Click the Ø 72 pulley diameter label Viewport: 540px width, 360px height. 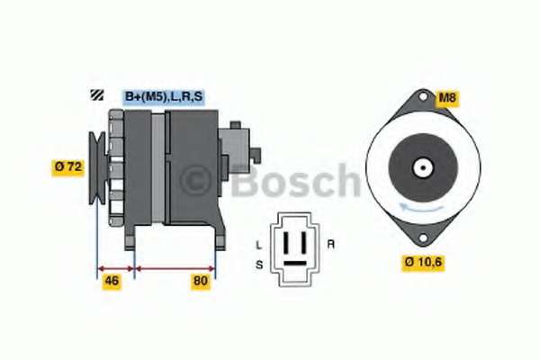point(68,167)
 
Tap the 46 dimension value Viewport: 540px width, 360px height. point(112,281)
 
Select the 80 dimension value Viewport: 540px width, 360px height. point(201,281)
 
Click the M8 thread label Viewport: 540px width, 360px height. point(447,97)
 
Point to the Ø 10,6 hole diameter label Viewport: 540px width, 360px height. point(423,262)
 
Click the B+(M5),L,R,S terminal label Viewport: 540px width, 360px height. point(164,97)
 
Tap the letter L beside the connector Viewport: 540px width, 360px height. point(259,246)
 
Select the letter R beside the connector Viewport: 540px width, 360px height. point(330,245)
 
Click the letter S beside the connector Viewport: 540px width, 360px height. point(259,265)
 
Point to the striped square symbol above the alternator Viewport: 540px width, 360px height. point(97,95)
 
